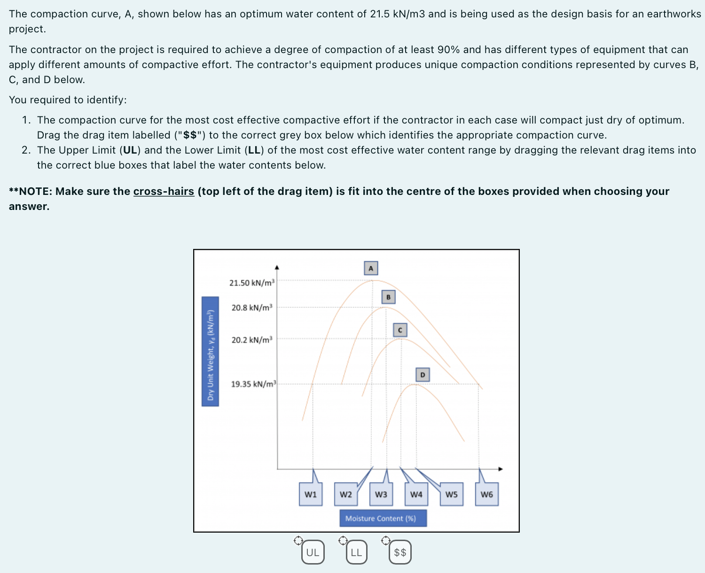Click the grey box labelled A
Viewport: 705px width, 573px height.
371,268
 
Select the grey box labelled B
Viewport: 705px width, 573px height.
388,297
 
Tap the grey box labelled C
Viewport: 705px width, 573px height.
400,330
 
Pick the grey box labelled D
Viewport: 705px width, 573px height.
423,374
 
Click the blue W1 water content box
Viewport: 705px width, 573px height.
311,494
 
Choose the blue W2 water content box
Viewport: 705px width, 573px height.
346,494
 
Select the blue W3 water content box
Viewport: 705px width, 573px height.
381,494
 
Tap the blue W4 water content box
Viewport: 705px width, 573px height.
416,494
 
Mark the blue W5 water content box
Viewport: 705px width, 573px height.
452,494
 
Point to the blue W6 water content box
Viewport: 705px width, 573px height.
487,494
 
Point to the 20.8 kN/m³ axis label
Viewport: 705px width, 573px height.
252,308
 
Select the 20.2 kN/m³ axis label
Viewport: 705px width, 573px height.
252,340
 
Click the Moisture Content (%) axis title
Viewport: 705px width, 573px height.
383,518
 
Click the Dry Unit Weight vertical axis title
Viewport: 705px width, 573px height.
210,351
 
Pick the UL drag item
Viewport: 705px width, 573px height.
313,552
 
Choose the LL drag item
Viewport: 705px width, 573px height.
356,552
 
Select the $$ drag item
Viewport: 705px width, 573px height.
400,552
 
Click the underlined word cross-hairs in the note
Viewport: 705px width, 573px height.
164,191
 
